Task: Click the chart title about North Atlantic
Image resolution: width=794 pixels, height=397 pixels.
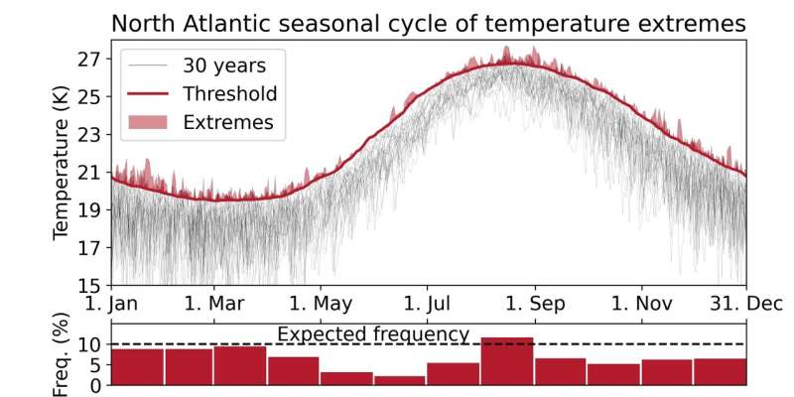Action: pyautogui.click(x=428, y=22)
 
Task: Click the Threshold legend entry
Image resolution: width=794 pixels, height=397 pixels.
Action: pyautogui.click(x=228, y=94)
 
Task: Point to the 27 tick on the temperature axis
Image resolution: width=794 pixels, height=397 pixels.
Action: pyautogui.click(x=89, y=60)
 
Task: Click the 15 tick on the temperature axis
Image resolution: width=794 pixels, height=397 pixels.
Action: pyautogui.click(x=89, y=285)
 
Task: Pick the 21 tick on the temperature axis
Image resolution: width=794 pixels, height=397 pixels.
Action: pyautogui.click(x=89, y=173)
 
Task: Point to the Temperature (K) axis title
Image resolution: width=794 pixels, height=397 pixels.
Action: pyautogui.click(x=62, y=169)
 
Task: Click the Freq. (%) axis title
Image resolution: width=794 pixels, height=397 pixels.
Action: pyautogui.click(x=62, y=354)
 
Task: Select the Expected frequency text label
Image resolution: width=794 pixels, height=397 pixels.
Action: pyautogui.click(x=372, y=334)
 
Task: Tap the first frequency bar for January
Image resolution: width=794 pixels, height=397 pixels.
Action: pyautogui.click(x=137, y=366)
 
